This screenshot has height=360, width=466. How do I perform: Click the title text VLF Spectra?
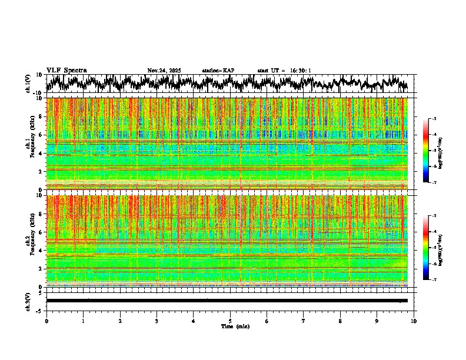click(66, 71)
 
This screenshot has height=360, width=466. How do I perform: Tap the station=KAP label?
click(218, 71)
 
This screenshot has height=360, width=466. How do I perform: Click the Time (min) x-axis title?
click(235, 326)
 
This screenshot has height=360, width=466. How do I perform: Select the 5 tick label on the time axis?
click(230, 321)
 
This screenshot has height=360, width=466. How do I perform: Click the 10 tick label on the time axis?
click(414, 321)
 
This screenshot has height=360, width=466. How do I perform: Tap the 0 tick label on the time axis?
click(46, 321)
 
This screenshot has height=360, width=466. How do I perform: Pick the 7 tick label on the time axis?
click(304, 321)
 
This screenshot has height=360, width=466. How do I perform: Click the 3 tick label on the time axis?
click(157, 321)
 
